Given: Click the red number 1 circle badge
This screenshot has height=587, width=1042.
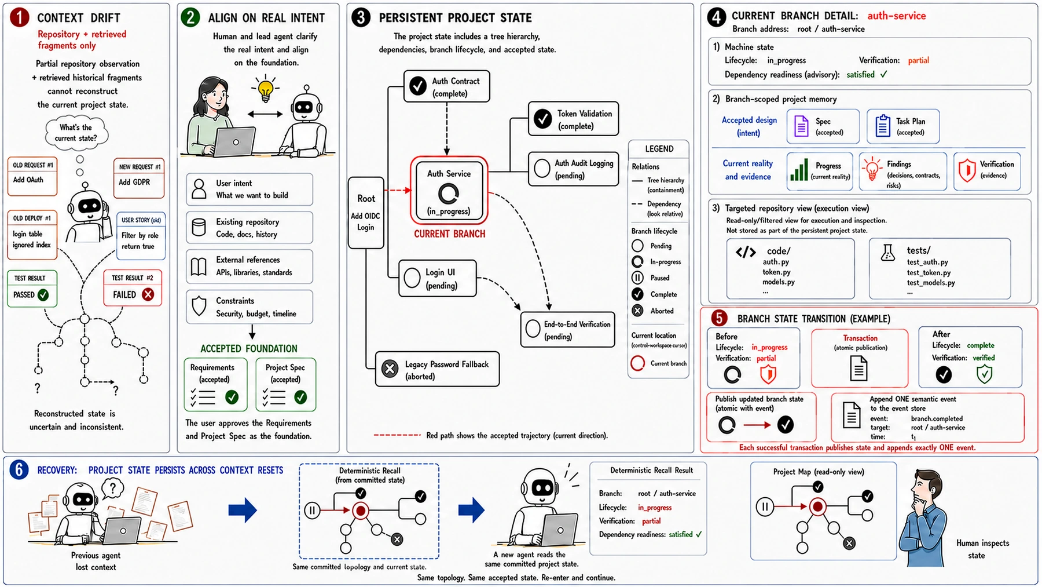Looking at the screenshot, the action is coord(19,17).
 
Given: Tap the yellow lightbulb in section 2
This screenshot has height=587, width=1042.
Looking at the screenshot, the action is coord(265,90).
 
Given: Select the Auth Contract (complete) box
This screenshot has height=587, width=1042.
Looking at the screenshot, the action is coord(446,86).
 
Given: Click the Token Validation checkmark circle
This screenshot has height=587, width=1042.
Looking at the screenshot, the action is coord(542,119).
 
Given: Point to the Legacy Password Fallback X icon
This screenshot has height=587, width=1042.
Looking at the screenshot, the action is coord(390,369).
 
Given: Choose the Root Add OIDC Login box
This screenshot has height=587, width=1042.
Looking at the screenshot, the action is coord(366,213).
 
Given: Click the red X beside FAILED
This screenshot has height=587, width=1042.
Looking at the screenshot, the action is coord(148,294).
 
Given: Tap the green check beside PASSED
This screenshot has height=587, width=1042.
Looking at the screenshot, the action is coord(43,294).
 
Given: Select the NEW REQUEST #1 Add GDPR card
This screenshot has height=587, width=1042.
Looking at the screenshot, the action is coord(139,178).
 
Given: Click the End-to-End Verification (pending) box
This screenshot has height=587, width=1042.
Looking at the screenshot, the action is coord(567,330).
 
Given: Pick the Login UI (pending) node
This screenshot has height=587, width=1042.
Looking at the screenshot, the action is coord(438,278).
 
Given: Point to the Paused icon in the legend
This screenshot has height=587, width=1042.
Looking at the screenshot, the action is coord(637,278).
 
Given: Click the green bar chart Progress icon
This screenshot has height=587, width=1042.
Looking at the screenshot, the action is coord(799,170).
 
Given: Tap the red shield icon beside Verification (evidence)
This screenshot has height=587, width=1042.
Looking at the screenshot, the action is coord(967,170).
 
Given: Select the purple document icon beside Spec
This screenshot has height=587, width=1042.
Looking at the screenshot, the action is coord(801,126).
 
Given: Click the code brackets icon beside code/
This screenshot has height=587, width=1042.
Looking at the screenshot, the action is coord(746,252).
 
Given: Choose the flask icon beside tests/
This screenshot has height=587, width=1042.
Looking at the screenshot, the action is coord(888,252).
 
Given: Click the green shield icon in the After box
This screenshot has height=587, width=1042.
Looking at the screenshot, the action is coord(984,374).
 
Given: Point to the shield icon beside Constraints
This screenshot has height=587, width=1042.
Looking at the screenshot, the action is coord(199,306).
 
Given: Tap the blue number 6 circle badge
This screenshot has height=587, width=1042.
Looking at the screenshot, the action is coord(19,469).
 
